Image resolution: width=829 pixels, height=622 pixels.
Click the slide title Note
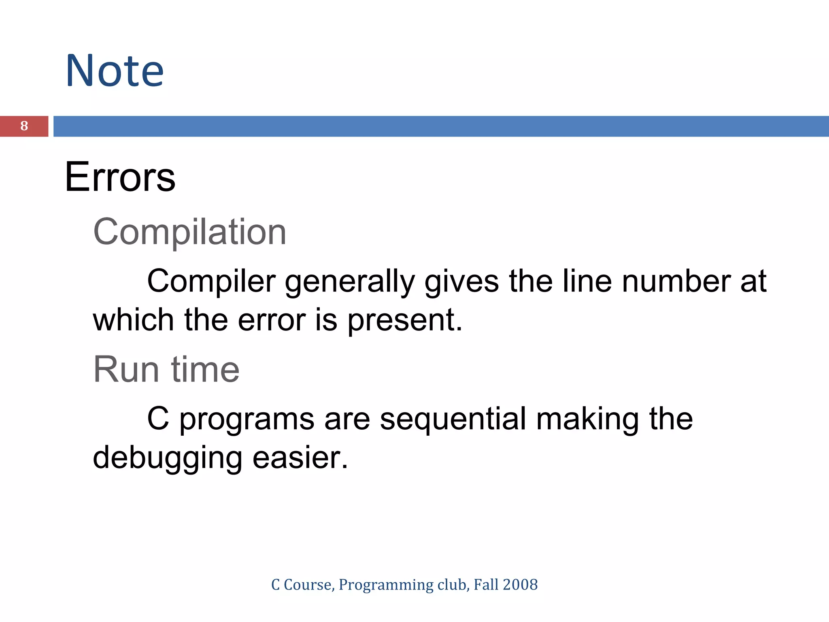coord(115,71)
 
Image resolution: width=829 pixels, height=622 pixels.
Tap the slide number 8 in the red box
coord(24,126)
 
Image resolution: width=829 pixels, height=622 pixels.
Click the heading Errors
coord(120,177)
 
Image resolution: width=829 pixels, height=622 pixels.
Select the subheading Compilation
coord(190,232)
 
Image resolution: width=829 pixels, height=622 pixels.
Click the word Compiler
coord(211,281)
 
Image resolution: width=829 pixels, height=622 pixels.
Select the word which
coord(133,320)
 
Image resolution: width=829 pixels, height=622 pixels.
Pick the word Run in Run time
coord(126,369)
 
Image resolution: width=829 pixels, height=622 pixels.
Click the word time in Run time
coord(205,369)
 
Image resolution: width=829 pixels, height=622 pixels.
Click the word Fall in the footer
coord(486,585)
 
